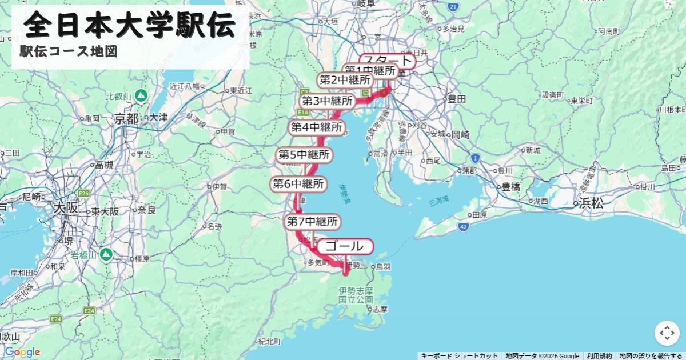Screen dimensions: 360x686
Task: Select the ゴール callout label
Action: click(345, 247)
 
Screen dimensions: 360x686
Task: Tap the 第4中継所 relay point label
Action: click(317, 127)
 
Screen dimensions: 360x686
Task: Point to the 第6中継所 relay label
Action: click(297, 184)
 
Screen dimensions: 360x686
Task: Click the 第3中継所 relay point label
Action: click(328, 102)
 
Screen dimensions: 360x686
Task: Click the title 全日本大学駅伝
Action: click(130, 25)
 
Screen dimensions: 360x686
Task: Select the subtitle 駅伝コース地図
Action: click(69, 51)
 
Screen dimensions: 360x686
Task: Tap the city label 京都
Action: click(126, 119)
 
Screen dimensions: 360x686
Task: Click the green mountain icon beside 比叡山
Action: click(141, 95)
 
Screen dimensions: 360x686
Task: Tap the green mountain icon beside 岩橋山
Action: click(106, 253)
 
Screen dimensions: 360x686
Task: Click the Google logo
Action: click(22, 352)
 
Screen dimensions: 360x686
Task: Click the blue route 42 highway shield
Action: click(463, 227)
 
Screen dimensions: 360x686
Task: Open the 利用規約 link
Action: click(599, 356)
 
